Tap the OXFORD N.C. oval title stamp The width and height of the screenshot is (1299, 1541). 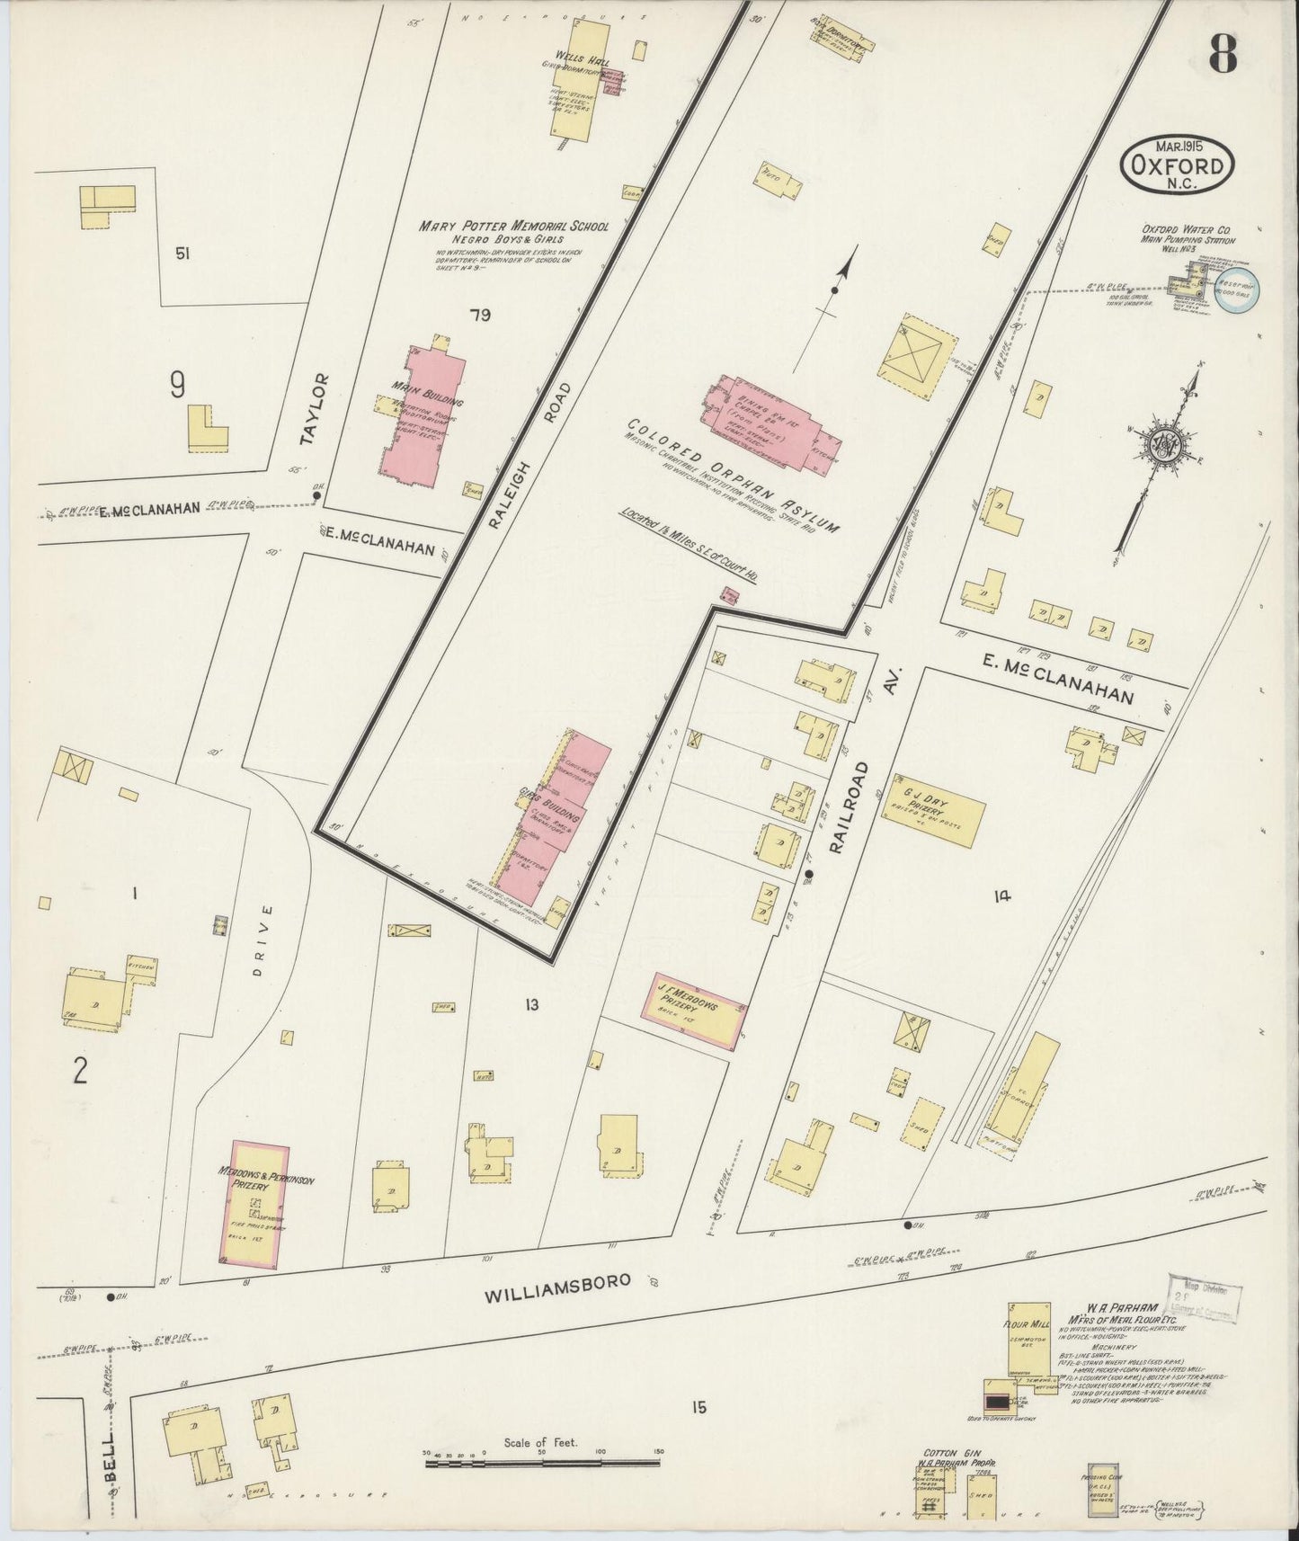pos(1177,165)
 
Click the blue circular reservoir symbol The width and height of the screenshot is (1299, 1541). pos(1238,292)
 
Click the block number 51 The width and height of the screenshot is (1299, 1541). pos(183,254)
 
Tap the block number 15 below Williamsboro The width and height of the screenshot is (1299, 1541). pos(698,1408)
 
